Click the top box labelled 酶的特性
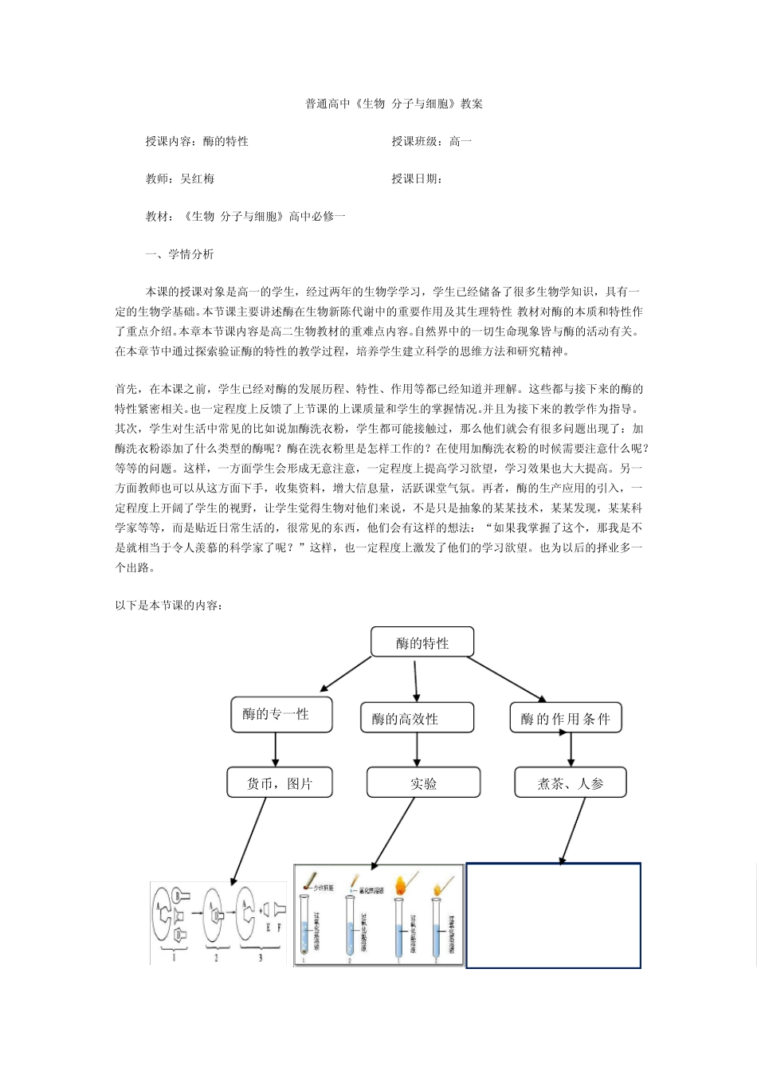(422, 642)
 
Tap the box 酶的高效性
(417, 718)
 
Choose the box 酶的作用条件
(565, 719)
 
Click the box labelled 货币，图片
(279, 783)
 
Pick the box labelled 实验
(423, 783)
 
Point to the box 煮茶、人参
(570, 783)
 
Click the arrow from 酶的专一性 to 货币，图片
(276, 749)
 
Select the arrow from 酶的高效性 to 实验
(417, 750)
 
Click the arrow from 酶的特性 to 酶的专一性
(345, 675)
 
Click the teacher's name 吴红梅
(198, 178)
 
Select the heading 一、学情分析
(179, 254)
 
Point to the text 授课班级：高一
(431, 141)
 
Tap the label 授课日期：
(417, 178)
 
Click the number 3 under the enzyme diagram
(260, 957)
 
